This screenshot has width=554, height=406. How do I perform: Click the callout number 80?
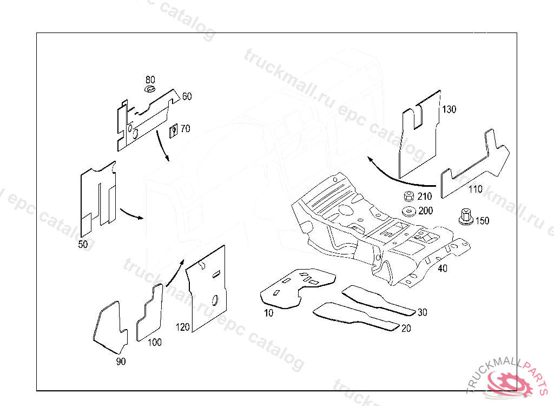[150, 79]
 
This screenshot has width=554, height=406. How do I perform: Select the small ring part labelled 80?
[150, 88]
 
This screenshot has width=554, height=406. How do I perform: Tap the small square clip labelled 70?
[174, 130]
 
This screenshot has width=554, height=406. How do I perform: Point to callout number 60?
[187, 96]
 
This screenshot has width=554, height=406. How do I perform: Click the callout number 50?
[83, 244]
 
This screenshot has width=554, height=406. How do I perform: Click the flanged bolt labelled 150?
[464, 217]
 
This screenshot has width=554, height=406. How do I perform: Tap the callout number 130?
[449, 109]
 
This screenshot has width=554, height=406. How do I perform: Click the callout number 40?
[442, 269]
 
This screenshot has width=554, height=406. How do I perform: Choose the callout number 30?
[422, 312]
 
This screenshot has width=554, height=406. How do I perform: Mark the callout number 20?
[406, 328]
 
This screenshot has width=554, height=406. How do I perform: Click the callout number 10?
[268, 313]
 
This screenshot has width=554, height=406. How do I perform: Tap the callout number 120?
[183, 327]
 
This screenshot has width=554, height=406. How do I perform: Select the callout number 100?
[155, 342]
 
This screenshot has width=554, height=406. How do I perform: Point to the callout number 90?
[121, 362]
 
